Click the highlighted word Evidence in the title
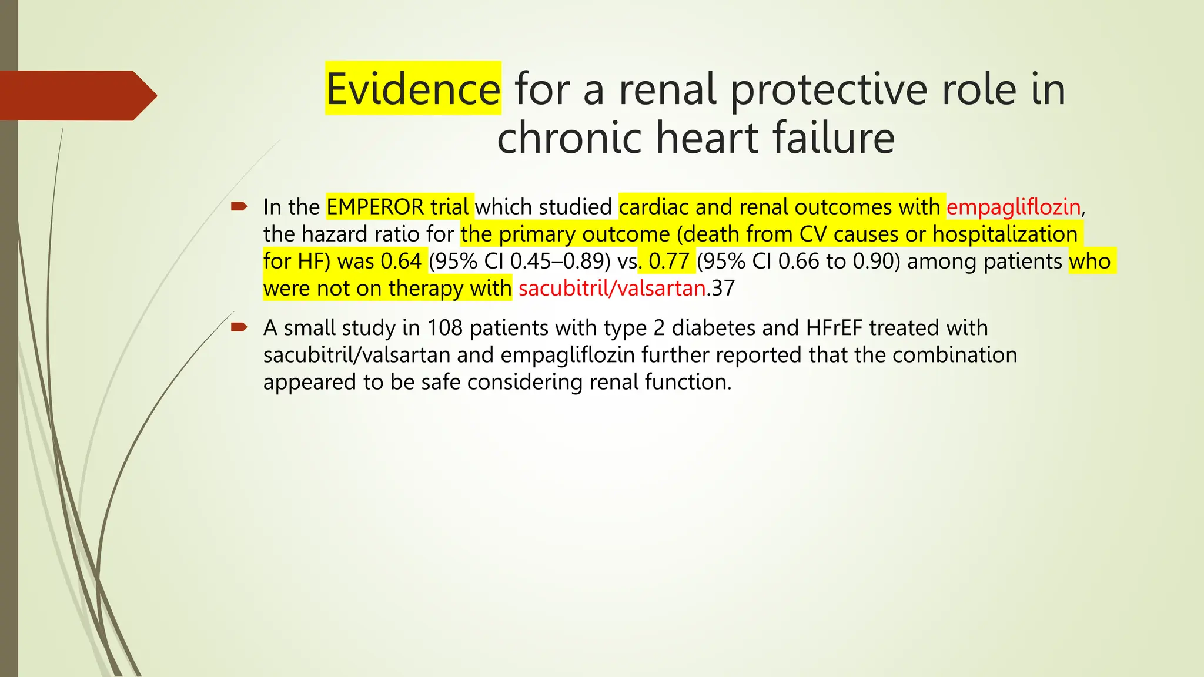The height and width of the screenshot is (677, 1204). click(x=413, y=89)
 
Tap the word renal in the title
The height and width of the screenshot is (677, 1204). click(x=667, y=89)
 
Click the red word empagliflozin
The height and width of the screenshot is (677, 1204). click(x=1013, y=207)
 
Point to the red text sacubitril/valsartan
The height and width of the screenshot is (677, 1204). click(x=612, y=289)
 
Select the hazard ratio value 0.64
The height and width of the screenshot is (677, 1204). click(x=402, y=262)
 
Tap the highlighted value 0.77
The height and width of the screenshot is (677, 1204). click(x=668, y=262)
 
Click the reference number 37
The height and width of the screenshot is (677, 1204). click(x=723, y=289)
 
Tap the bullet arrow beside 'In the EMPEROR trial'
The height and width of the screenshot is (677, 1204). click(x=239, y=206)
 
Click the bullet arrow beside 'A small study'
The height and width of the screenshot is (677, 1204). click(x=239, y=327)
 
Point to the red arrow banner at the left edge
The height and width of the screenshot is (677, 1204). click(x=76, y=95)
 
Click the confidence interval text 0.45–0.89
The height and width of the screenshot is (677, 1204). click(x=560, y=262)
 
